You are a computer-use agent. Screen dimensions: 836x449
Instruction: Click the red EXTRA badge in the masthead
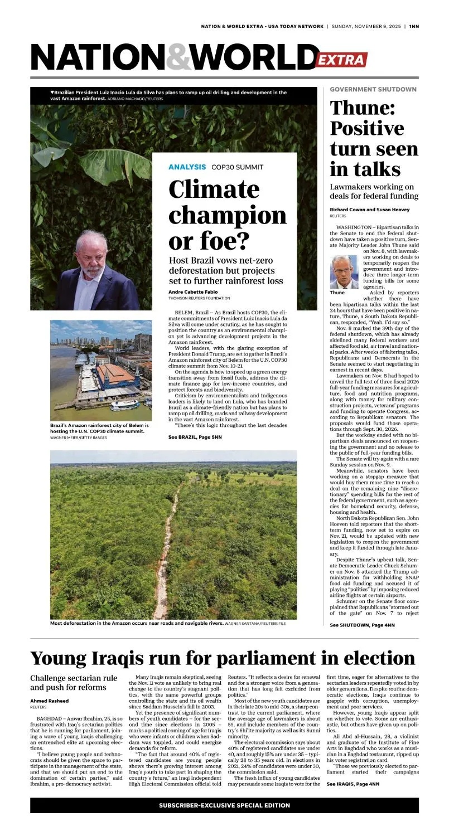point(341,60)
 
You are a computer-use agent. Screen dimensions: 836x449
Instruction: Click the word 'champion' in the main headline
point(228,215)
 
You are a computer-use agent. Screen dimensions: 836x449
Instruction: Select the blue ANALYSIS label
point(187,167)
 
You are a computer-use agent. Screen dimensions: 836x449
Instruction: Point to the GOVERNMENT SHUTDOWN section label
point(373,89)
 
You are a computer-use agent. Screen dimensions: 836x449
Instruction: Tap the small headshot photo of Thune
point(344,271)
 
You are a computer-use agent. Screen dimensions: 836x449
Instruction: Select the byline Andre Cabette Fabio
point(193,292)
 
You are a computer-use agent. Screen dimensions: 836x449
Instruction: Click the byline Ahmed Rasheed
point(49,701)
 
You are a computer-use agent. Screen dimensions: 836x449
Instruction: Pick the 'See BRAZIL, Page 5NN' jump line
point(195,438)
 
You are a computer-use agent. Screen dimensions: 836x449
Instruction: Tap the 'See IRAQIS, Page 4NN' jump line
point(353,784)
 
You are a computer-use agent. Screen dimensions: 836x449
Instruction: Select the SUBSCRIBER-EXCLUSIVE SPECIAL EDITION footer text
point(224,805)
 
